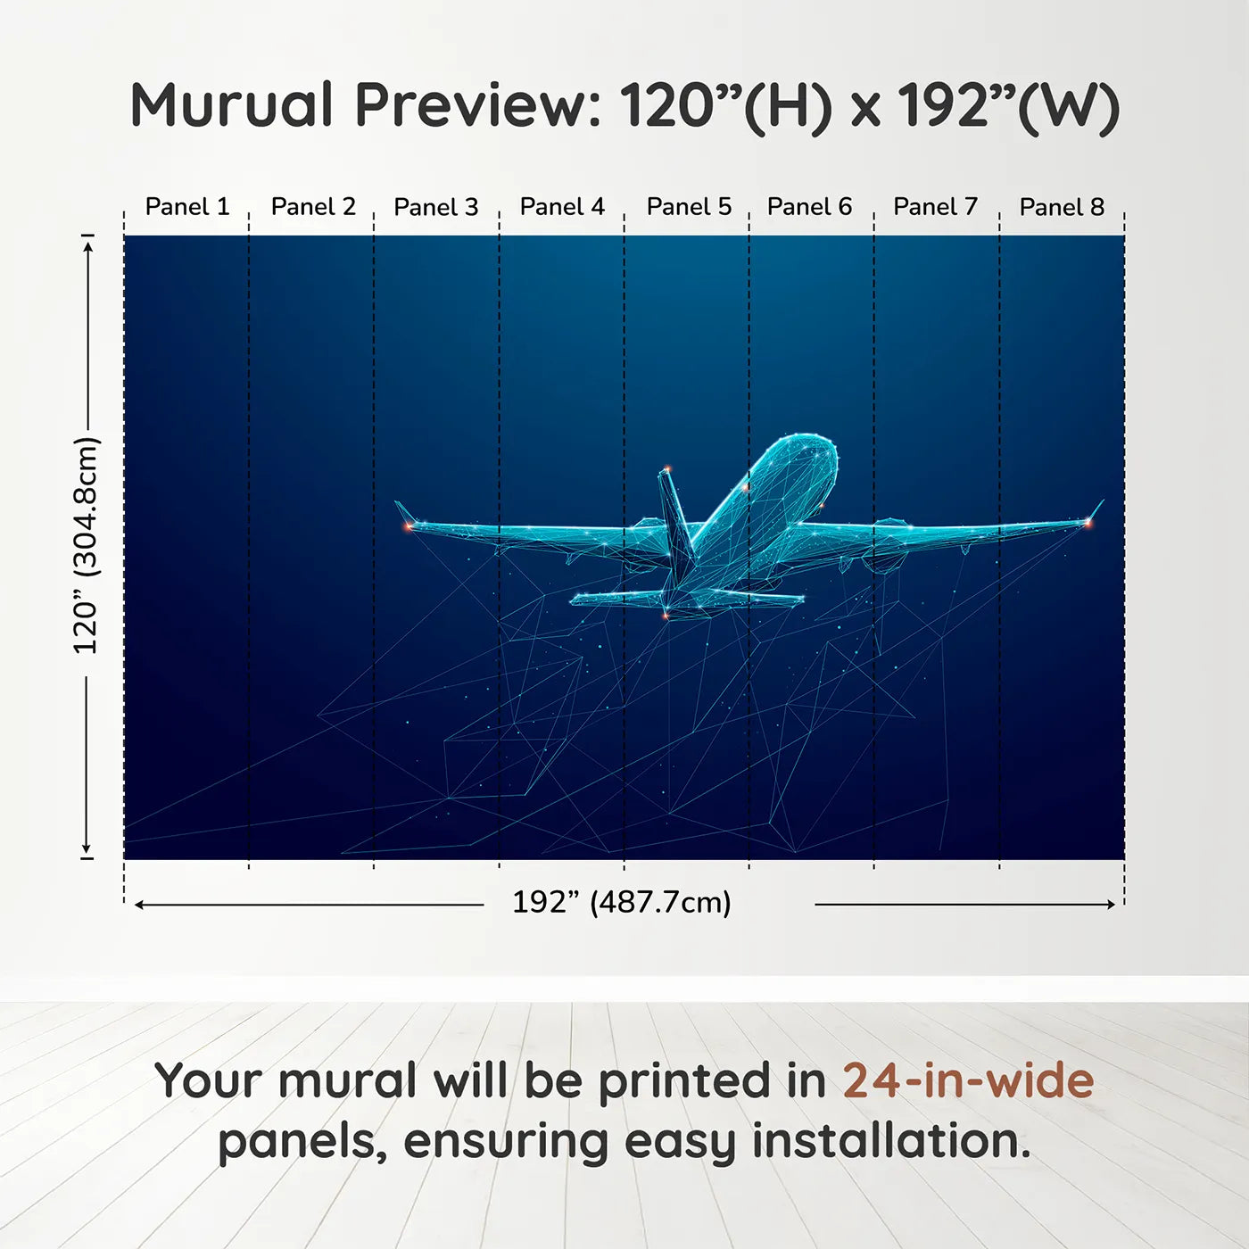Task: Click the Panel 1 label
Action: [187, 207]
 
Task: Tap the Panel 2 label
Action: [313, 207]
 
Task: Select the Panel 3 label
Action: [435, 207]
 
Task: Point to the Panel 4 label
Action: [562, 207]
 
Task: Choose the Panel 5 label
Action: [689, 207]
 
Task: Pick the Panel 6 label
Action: [809, 207]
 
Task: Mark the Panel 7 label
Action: [935, 207]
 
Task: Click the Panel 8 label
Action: [1062, 207]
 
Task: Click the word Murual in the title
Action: [232, 105]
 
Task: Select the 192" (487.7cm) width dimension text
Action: [622, 903]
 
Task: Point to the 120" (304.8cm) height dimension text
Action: [87, 545]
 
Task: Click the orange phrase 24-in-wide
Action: [968, 1079]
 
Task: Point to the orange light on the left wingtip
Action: [409, 526]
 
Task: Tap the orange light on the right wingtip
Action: [1088, 522]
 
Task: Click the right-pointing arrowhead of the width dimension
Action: [1111, 904]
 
